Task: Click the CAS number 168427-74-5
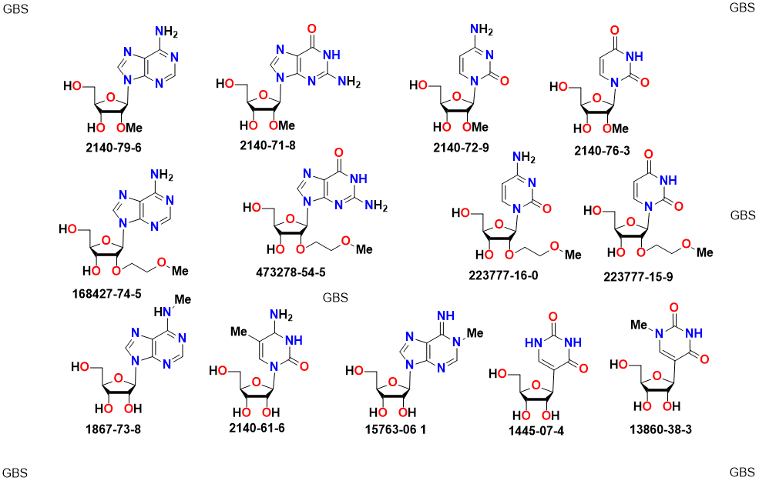[x=119, y=293]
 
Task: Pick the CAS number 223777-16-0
[x=502, y=275]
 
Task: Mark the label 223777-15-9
[x=639, y=276]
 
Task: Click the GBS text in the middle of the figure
[x=335, y=298]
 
